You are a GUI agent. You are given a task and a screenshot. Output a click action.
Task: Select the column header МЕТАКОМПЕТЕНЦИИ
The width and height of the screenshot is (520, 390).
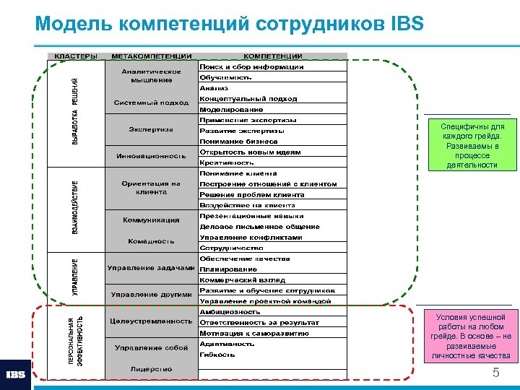click(151, 56)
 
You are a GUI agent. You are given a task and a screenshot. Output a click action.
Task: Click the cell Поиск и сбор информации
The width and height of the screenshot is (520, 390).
click(251, 67)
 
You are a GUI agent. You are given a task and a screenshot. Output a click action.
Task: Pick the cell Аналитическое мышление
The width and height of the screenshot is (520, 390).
click(151, 76)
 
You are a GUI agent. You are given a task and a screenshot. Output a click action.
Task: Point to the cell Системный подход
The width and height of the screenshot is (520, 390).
click(151, 103)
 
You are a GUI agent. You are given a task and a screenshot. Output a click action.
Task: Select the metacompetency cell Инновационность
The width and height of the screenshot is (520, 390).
click(151, 156)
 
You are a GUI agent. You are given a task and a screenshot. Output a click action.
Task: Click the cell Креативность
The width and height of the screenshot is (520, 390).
click(227, 163)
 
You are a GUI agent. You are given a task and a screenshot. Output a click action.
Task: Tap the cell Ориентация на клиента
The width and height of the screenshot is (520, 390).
click(151, 188)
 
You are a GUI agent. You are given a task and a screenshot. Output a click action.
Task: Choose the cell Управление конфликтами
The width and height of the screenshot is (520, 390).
click(251, 238)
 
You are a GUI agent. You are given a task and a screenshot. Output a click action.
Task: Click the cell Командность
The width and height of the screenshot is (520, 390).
click(151, 241)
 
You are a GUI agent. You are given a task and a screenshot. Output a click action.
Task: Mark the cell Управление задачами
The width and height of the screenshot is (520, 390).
click(151, 269)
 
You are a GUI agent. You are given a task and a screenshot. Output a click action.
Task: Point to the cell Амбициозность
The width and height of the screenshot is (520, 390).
click(230, 312)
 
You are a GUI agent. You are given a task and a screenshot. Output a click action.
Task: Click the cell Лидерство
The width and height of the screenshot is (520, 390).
click(151, 368)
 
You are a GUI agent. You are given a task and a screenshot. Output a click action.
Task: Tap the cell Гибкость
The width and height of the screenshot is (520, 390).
click(217, 355)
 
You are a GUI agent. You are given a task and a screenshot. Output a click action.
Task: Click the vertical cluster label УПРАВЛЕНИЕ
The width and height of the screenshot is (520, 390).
click(75, 277)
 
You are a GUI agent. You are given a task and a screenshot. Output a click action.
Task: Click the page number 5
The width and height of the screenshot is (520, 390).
click(495, 373)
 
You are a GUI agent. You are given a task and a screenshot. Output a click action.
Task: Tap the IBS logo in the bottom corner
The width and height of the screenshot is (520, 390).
click(16, 375)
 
